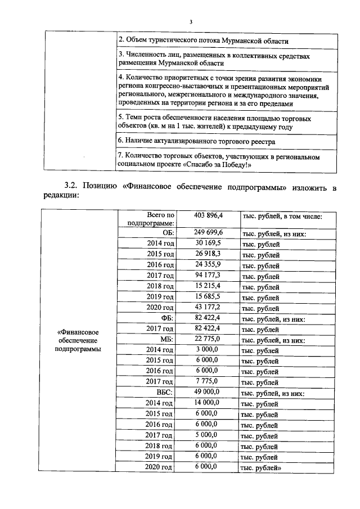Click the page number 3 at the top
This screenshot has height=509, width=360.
[191, 22]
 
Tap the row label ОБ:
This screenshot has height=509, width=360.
[167, 233]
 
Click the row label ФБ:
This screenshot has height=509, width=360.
[167, 318]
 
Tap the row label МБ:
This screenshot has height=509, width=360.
[167, 340]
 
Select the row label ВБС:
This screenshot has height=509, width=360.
[164, 393]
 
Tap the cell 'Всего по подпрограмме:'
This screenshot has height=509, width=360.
[152, 219]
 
